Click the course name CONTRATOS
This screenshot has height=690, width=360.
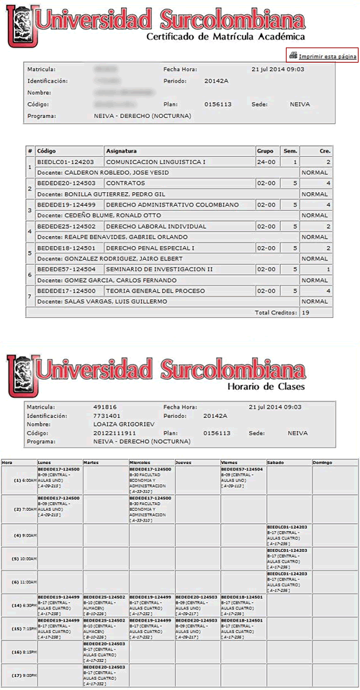pyautogui.click(x=126, y=184)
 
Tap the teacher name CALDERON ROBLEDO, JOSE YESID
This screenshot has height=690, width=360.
pyautogui.click(x=100, y=173)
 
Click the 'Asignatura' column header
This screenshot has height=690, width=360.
pyautogui.click(x=122, y=151)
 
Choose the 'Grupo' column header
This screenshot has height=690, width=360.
pyautogui.click(x=265, y=151)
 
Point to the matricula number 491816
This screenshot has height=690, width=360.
pyautogui.click(x=105, y=407)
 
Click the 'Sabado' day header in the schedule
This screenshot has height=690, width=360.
pyautogui.click(x=275, y=461)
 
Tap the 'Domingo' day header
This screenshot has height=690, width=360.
pyautogui.click(x=323, y=461)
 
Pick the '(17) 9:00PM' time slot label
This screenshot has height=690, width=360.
pyautogui.click(x=18, y=675)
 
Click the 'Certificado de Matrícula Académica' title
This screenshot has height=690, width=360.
pyautogui.click(x=225, y=36)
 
